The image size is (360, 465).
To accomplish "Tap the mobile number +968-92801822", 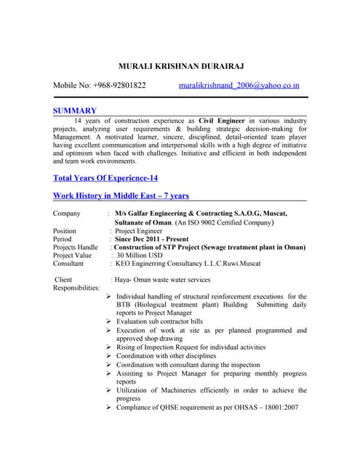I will point(119,86).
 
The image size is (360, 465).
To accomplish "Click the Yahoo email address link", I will point(239,86).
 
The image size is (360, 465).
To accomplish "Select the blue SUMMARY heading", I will point(75,110).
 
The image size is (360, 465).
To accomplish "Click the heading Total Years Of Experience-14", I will point(105,178).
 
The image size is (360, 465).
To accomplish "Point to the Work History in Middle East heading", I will point(121,195).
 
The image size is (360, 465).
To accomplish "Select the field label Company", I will point(68,213).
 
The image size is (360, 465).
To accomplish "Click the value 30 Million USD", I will point(140,255).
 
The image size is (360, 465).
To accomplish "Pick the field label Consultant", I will point(70,264).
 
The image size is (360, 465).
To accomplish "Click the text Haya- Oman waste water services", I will point(166,280).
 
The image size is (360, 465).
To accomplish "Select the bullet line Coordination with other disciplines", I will point(166,356).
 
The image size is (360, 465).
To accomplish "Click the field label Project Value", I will point(73,255).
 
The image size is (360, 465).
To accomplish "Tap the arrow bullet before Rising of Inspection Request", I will point(108,347).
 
